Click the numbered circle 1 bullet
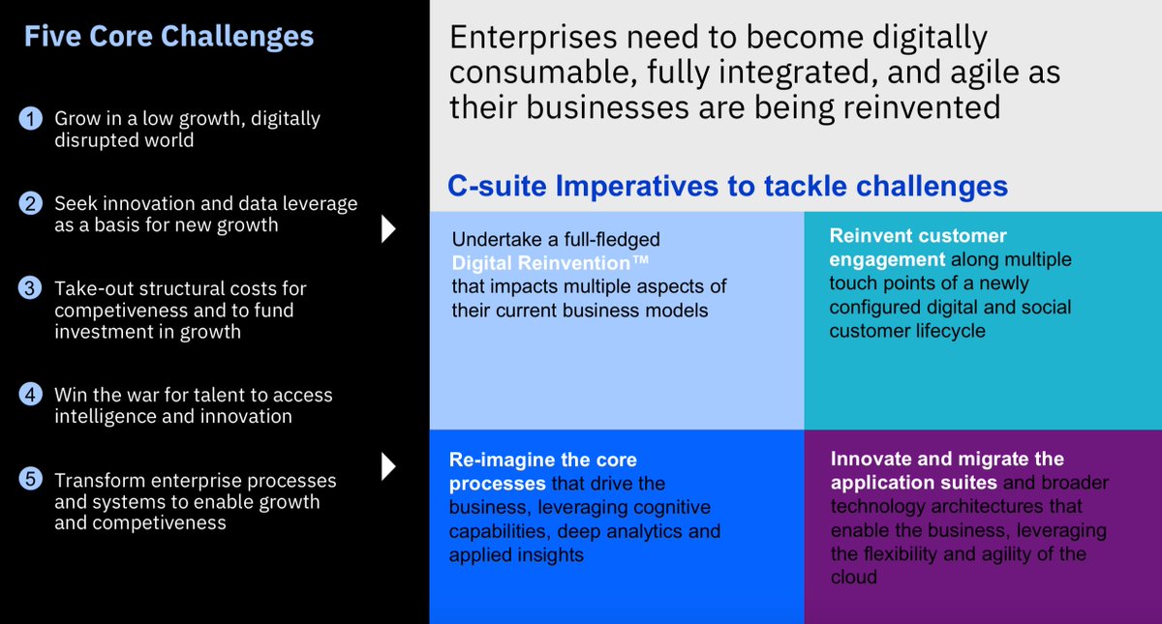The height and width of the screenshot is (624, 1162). coord(32,119)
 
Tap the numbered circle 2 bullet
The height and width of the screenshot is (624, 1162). coord(32,204)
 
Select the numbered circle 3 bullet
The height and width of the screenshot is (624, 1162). coord(32,289)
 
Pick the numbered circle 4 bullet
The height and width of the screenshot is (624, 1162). coord(32,395)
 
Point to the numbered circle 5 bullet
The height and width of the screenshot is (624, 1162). coord(32,481)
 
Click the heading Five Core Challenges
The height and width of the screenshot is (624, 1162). coord(168,37)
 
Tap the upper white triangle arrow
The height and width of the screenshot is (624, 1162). coord(388,229)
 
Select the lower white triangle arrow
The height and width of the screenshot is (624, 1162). coord(388,466)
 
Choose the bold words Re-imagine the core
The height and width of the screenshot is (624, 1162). coord(543,460)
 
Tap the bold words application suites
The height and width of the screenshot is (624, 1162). coord(914,483)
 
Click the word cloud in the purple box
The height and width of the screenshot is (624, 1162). coord(853,578)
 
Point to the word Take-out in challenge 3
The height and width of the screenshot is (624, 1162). coord(90,289)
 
